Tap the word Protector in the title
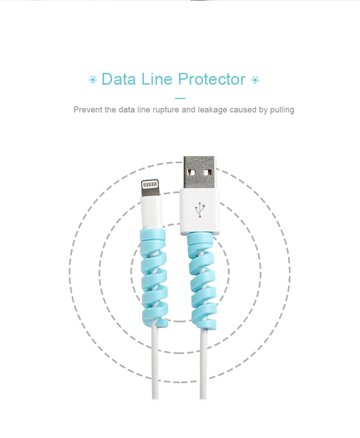pyautogui.click(x=211, y=79)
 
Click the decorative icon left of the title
pyautogui.click(x=93, y=80)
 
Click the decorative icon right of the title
pyautogui.click(x=255, y=80)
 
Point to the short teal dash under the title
pyautogui.click(x=180, y=98)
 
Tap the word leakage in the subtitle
pyautogui.click(x=212, y=110)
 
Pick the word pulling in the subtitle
pyautogui.click(x=282, y=110)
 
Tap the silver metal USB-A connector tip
pyautogui.click(x=200, y=173)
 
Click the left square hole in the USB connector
pyautogui.click(x=192, y=172)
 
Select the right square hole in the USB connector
pyautogui.click(x=207, y=172)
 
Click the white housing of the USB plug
pyautogui.click(x=200, y=223)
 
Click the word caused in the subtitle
pyautogui.click(x=244, y=110)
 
